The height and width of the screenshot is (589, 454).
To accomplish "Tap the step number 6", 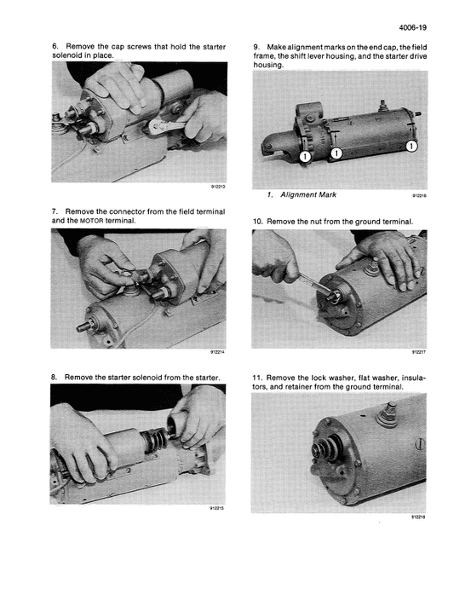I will [x=55, y=46].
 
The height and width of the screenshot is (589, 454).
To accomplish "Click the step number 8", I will [x=55, y=376].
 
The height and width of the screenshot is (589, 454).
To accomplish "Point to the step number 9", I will [x=256, y=46].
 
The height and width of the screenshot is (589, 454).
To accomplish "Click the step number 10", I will [x=258, y=221].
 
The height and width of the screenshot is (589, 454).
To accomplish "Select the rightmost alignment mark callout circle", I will [x=411, y=147].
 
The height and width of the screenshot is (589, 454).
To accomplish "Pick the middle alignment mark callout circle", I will [x=336, y=153].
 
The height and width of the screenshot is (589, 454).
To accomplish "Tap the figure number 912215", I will [x=216, y=509].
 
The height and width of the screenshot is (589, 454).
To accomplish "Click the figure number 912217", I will [x=417, y=349].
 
